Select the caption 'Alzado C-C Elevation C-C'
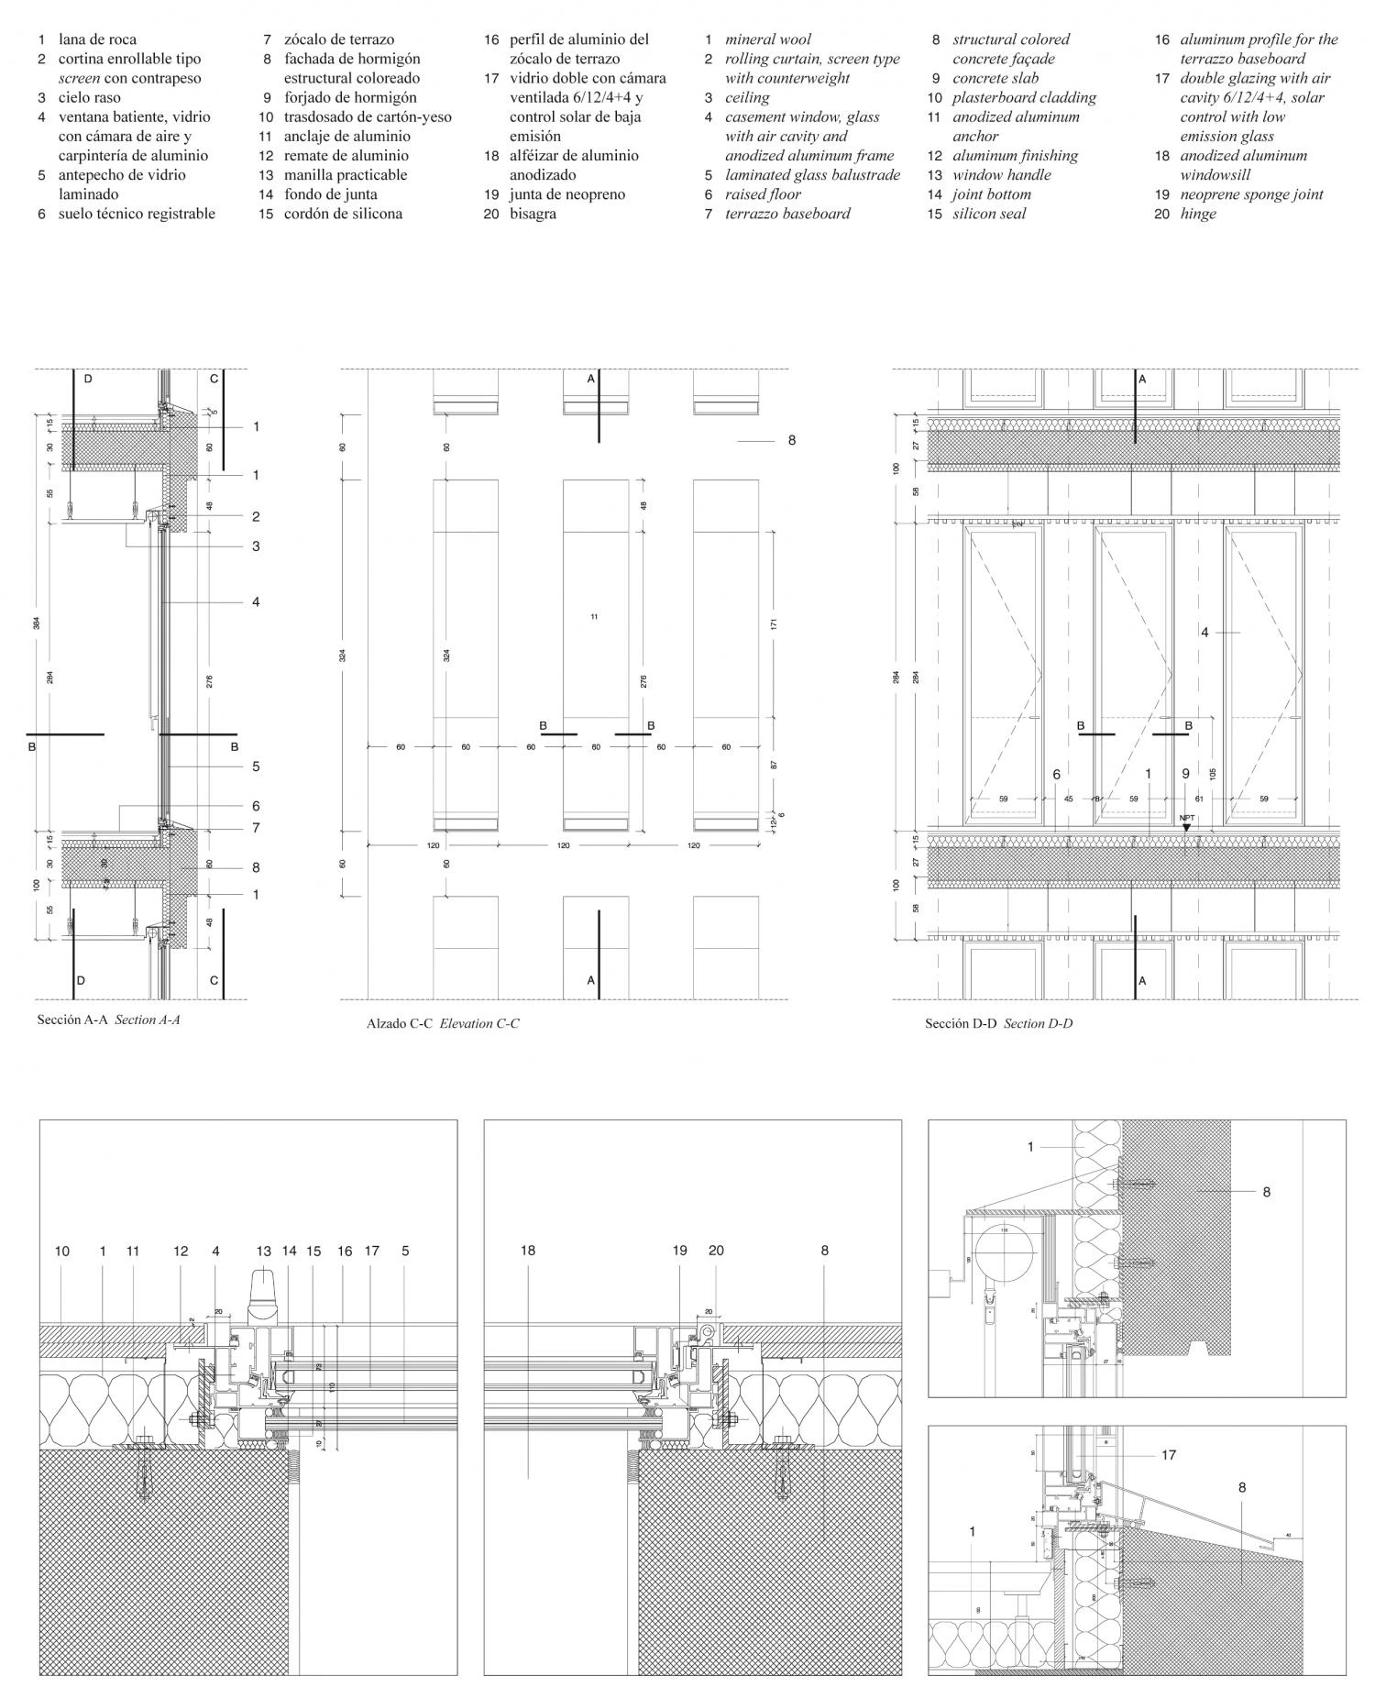[443, 1023]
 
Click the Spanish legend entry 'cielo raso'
[90, 97]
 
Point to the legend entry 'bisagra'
[533, 214]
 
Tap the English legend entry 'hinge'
[1198, 214]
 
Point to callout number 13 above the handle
[264, 1250]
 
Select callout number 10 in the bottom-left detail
[61, 1250]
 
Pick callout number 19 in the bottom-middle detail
[679, 1250]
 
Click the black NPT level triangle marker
[1186, 827]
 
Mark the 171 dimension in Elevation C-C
[774, 624]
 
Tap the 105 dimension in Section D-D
[1213, 774]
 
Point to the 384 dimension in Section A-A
[37, 623]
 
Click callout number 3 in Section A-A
[257, 546]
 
